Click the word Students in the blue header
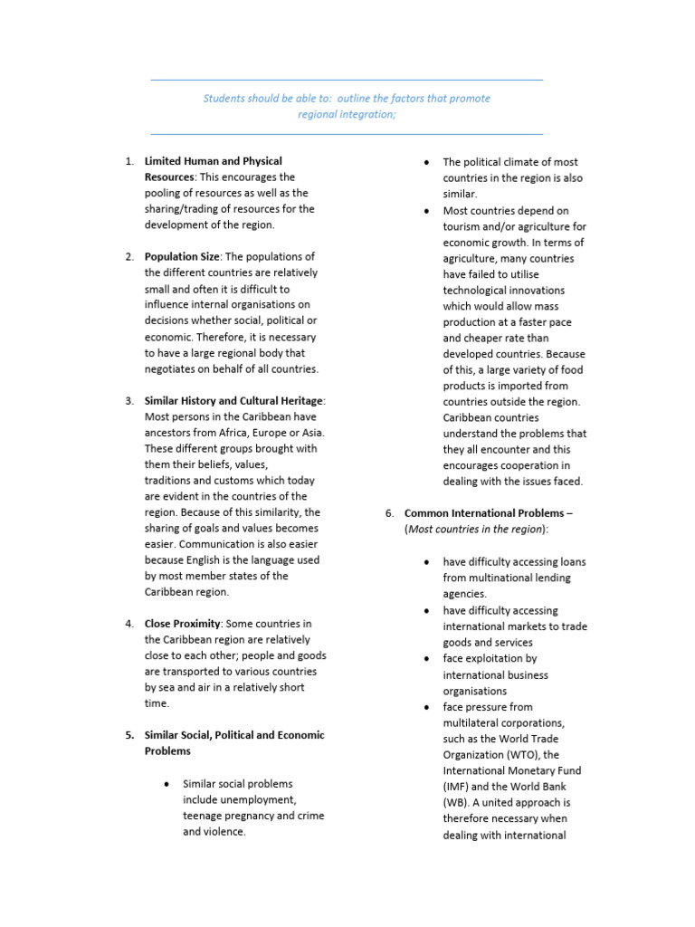[x=224, y=98]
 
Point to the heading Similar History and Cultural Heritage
[x=233, y=400]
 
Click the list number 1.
[x=129, y=161]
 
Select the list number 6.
[x=388, y=512]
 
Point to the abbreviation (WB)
[x=456, y=802]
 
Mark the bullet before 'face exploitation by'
[x=425, y=658]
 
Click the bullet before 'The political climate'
[x=425, y=161]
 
